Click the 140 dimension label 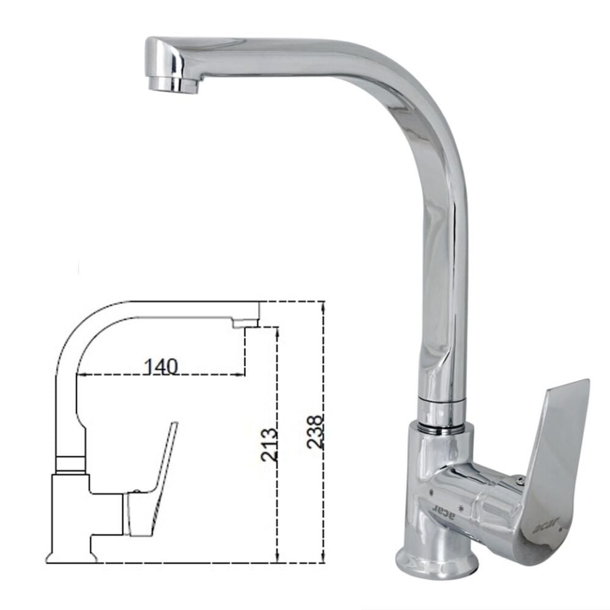pos(160,367)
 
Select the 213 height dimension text pos(269,445)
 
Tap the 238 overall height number pos(315,432)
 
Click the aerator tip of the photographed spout pos(174,84)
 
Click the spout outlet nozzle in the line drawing pos(245,323)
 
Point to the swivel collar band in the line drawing pos(70,464)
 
